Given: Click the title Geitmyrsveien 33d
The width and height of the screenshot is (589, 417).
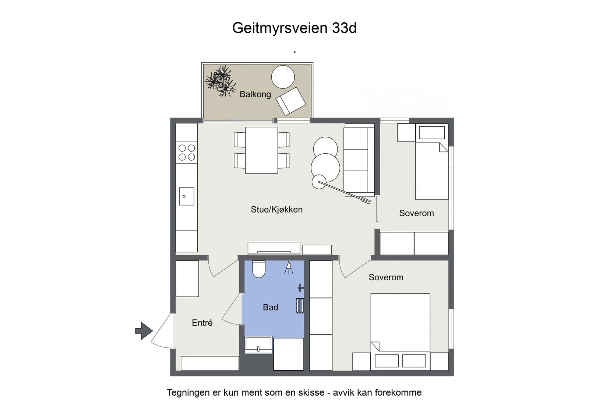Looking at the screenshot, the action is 294,28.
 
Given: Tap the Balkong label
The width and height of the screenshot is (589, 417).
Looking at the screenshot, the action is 255,94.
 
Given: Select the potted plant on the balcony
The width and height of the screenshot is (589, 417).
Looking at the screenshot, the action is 221,81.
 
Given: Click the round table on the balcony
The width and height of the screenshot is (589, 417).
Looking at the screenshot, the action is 283,77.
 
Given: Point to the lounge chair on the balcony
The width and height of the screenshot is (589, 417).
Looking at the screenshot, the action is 291,101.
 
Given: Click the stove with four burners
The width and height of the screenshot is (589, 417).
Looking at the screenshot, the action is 187,153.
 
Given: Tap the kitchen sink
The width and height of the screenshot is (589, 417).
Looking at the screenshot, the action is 187,196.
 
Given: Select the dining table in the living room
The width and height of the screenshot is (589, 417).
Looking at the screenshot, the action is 262,150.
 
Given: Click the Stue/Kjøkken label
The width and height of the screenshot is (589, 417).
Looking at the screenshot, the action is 276,210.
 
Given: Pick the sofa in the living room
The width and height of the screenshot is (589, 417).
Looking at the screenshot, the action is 359,160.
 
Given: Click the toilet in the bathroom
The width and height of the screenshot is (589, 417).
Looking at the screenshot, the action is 259,269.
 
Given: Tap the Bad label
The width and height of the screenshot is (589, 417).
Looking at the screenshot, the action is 271,307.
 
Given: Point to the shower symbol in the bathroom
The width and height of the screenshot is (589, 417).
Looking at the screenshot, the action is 289,267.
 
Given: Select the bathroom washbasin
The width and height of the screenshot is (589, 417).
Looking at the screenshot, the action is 258,345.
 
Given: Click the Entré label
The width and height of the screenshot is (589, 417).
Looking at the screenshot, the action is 202,323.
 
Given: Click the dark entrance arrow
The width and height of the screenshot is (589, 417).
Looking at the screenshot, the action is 144,331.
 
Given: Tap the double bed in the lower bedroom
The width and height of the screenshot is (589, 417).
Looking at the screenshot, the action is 401,332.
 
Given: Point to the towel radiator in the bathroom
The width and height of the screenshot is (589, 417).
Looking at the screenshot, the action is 300,305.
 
